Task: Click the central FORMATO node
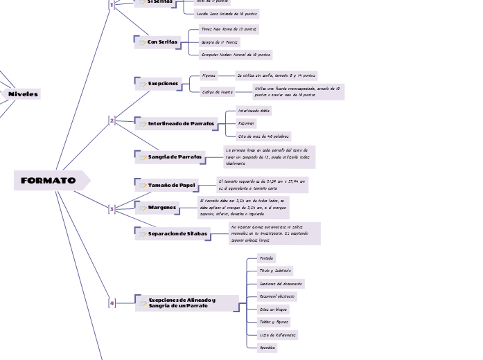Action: [x=49, y=181]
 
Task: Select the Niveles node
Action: [x=23, y=93]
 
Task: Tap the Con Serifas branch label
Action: [x=162, y=42]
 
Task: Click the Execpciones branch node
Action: [x=162, y=83]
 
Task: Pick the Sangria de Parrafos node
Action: [x=175, y=157]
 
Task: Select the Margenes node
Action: [x=161, y=207]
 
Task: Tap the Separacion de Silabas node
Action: [x=177, y=234]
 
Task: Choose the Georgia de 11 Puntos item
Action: [x=219, y=42]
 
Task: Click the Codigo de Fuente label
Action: [x=217, y=91]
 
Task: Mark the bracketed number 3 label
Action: [x=112, y=208]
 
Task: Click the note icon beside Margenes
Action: [x=143, y=207]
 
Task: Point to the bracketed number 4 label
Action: [x=112, y=303]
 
